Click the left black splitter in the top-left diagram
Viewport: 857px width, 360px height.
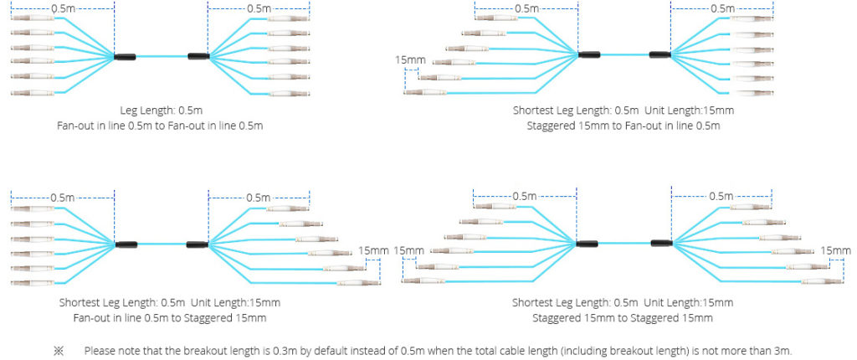(x=126, y=57)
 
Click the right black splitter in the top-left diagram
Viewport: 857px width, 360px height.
(x=198, y=56)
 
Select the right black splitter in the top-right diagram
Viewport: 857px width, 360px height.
(x=659, y=55)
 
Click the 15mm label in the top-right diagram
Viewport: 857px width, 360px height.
(x=411, y=60)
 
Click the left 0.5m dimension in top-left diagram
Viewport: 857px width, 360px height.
(x=61, y=8)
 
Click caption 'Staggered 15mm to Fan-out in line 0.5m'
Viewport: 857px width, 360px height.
(x=624, y=126)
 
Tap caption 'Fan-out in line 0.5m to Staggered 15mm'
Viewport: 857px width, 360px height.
(x=170, y=317)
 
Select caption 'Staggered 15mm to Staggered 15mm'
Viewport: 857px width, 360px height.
(x=623, y=317)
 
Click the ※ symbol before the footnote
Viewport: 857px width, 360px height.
(x=59, y=350)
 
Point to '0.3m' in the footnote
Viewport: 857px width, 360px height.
(x=281, y=350)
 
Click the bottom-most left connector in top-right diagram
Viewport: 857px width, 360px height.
(x=423, y=92)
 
